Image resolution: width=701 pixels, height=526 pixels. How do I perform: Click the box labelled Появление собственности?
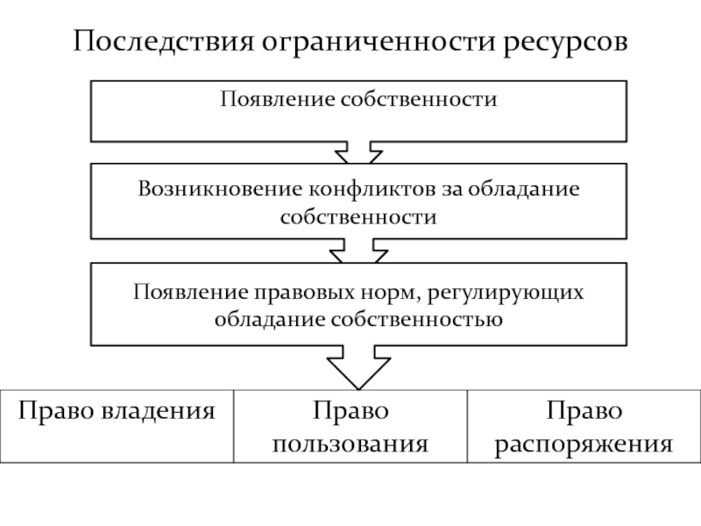(x=358, y=110)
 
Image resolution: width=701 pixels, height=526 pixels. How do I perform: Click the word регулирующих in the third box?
(x=513, y=291)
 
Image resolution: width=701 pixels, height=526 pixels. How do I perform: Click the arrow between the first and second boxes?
(x=358, y=154)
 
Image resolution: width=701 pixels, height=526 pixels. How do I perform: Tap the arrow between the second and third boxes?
(x=358, y=253)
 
